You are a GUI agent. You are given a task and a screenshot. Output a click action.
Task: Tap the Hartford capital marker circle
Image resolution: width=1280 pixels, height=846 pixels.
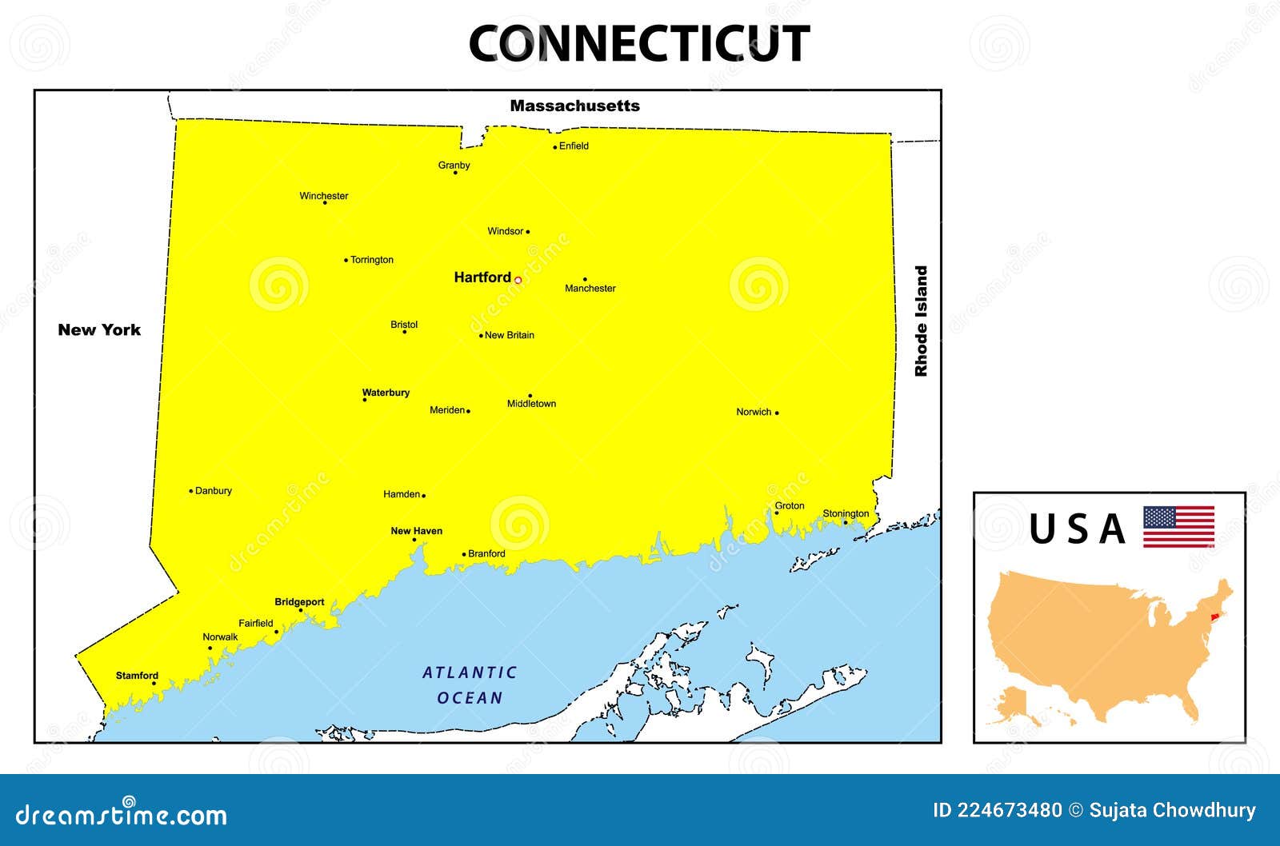518,280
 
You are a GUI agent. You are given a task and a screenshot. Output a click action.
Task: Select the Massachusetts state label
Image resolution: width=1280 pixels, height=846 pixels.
574,106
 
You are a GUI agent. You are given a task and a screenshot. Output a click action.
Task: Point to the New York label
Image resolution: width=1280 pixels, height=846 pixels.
99,329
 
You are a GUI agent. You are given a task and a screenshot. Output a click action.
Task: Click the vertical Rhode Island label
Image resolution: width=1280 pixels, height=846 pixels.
922,321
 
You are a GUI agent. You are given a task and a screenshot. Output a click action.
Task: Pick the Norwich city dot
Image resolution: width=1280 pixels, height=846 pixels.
777,413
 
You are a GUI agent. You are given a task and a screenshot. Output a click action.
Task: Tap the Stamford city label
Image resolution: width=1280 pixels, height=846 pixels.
137,676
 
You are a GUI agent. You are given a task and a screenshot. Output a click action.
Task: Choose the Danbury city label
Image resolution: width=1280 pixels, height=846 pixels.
214,491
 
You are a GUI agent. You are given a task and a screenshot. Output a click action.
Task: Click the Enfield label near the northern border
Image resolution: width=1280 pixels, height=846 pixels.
574,146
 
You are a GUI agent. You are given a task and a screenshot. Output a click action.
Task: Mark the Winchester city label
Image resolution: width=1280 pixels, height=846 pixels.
324,196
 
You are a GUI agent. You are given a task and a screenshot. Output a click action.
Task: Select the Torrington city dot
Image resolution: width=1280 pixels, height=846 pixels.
346,260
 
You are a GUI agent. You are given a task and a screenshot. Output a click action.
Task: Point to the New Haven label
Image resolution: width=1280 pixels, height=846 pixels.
416,531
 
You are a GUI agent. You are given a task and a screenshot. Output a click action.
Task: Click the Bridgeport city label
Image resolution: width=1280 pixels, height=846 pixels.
299,602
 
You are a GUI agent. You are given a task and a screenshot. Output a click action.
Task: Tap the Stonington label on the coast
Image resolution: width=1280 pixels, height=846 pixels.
846,513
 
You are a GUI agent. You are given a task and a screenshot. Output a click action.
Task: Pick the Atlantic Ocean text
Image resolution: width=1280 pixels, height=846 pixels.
470,685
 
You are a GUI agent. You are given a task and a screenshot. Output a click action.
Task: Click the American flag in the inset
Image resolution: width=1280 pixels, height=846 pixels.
1178,526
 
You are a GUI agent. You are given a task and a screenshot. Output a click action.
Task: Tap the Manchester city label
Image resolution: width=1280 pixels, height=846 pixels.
590,289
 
